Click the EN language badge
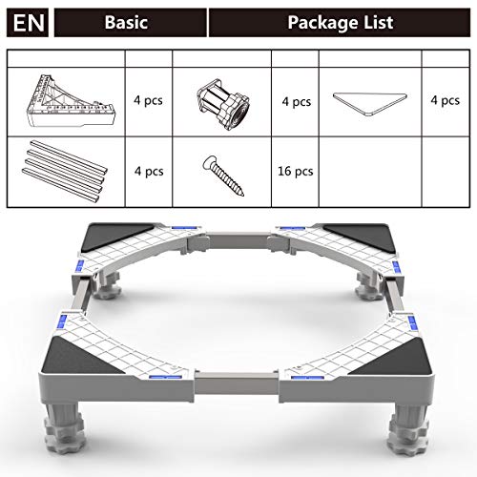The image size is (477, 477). [28, 23]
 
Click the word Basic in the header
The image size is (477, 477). [126, 23]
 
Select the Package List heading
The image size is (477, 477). [341, 23]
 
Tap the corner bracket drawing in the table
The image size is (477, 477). [70, 101]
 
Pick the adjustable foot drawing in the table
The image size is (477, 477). [222, 103]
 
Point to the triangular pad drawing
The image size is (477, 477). [370, 104]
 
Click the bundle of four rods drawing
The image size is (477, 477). [65, 171]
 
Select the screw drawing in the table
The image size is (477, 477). [223, 176]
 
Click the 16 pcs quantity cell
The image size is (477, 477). [296, 172]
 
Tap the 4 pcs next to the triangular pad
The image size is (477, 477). [446, 101]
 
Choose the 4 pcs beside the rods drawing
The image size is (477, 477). [149, 172]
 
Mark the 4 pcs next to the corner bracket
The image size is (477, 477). [148, 100]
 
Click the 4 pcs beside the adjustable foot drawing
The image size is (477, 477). [297, 102]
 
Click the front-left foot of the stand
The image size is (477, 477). [65, 427]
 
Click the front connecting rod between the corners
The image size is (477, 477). [237, 384]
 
